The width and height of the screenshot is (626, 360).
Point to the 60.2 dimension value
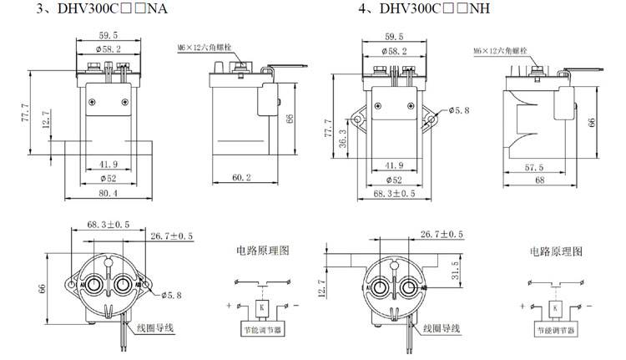[244, 177]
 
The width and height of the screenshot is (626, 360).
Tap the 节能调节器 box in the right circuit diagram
[555, 330]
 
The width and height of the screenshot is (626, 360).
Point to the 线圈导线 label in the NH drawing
[443, 329]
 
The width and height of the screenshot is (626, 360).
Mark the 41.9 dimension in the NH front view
[392, 165]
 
